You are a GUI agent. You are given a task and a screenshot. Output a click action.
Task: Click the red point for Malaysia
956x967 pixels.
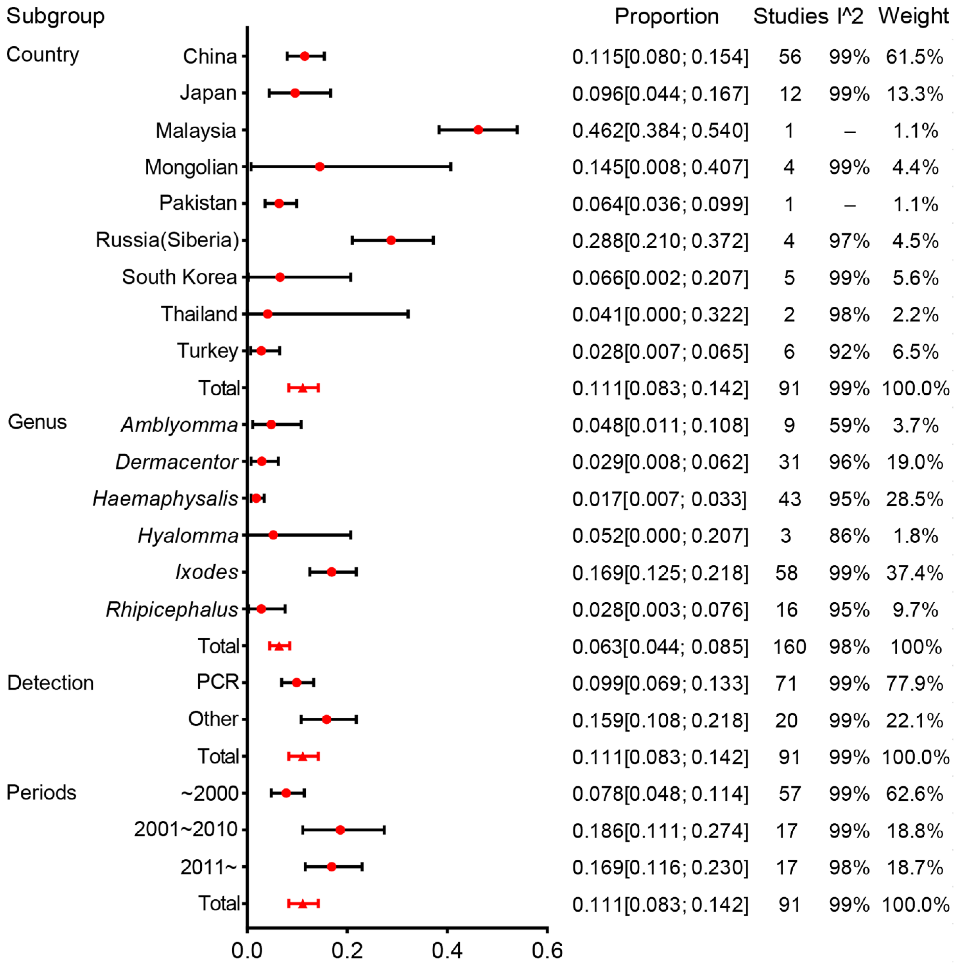coord(478,130)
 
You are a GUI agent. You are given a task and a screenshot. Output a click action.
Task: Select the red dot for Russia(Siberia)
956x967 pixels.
coord(391,240)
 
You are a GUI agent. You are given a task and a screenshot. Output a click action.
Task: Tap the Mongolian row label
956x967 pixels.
coord(191,167)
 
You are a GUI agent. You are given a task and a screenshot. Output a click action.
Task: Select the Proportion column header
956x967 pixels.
coord(666,17)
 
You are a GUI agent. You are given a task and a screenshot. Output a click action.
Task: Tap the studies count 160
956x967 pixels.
coord(789,647)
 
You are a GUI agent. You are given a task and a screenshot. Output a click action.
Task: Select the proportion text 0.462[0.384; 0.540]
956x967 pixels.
coord(660,131)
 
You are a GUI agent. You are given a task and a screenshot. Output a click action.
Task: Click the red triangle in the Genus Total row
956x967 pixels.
coord(279,646)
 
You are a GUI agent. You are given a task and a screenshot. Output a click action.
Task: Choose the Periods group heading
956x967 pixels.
coord(42,793)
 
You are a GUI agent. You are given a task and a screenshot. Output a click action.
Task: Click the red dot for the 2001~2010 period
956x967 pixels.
coord(340,830)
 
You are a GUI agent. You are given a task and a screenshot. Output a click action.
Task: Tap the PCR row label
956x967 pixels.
coord(218,682)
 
